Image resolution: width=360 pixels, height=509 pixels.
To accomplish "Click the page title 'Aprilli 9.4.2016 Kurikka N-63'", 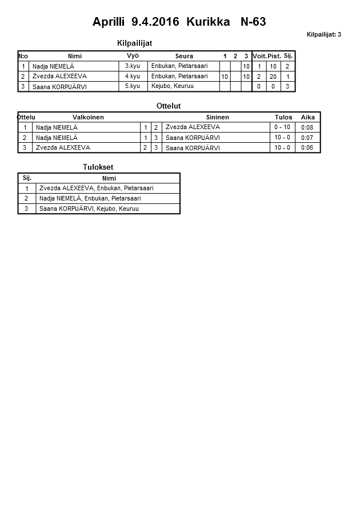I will pos(179,22).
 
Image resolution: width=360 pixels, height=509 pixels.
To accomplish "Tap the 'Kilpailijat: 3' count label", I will pos(323,34).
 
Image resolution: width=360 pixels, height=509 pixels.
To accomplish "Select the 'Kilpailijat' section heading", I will pos(134,43).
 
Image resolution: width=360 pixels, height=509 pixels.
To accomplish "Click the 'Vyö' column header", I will pos(133,56).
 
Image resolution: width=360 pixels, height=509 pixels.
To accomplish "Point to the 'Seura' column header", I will pos(184,56).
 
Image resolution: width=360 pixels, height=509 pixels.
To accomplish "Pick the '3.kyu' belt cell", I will pos(132,66).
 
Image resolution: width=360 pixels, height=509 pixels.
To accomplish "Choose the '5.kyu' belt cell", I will pos(132,86).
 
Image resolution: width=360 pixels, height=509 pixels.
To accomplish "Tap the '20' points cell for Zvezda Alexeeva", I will pos(273,77).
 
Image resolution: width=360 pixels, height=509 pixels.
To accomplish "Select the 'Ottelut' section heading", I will pos(169,106).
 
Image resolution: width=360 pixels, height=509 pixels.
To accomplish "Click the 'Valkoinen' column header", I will pos(88,117).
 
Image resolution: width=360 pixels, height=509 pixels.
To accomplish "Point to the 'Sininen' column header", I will pos(217,117).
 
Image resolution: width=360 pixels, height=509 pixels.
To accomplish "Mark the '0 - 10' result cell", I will pos(282,127).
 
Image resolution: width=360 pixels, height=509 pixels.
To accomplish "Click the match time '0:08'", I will pos(307,127).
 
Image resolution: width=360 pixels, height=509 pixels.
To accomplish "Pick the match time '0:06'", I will pos(307,147).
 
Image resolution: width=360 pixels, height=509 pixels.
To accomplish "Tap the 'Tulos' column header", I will pos(283,117).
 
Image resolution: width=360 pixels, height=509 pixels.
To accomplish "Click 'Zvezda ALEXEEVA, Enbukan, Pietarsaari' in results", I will pos(96,188).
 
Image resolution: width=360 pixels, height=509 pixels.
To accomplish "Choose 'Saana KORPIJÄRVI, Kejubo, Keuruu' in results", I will pos(89,209).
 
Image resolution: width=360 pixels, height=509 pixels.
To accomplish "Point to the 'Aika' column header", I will pos(308,117).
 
